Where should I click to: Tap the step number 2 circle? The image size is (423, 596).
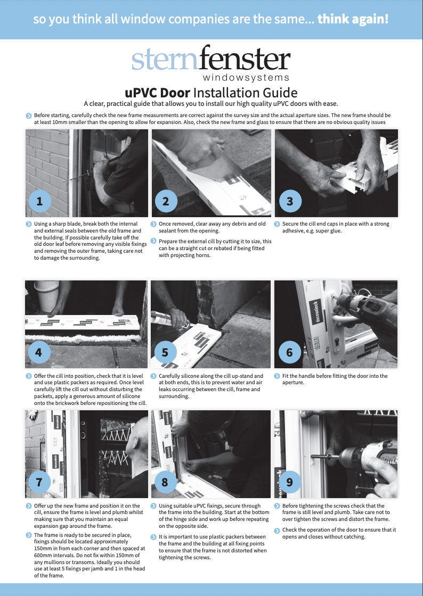[x=165, y=201]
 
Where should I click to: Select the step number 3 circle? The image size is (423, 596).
[x=289, y=201]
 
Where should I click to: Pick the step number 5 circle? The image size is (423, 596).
[x=165, y=352]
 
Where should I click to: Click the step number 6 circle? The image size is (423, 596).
[x=289, y=352]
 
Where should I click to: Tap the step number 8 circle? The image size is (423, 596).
[x=165, y=482]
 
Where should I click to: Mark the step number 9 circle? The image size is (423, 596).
[x=289, y=482]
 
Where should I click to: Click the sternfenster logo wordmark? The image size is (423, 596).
[x=211, y=60]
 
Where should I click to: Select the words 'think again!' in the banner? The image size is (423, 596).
[x=353, y=20]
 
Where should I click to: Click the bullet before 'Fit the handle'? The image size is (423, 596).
[x=277, y=376]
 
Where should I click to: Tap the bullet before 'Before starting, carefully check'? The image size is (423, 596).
[x=28, y=115]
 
